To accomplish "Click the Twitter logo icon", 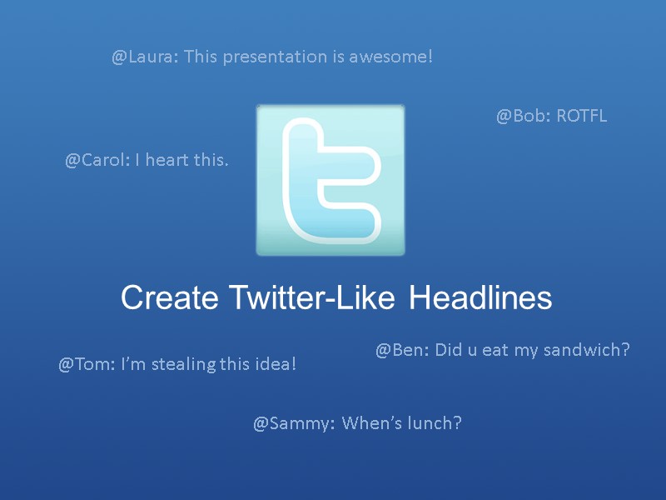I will pos(331,180).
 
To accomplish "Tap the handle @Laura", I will pos(144,57).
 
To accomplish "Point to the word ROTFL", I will pos(582,116).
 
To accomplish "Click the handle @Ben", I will pos(402,350).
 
